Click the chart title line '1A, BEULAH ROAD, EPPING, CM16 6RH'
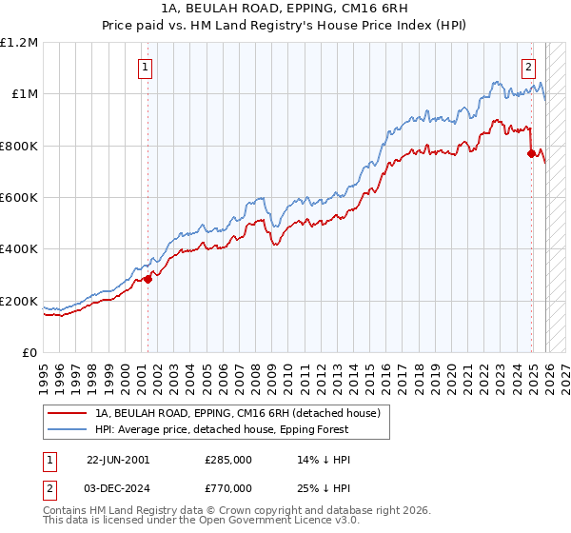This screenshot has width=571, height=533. [285, 10]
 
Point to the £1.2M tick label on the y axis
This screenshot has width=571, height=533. [19, 42]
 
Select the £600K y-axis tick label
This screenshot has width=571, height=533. [19, 197]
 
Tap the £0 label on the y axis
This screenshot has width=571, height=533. [29, 352]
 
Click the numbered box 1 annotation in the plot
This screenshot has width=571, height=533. [145, 67]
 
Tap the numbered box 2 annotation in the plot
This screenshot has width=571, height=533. [528, 67]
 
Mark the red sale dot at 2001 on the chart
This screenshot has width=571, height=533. [148, 279]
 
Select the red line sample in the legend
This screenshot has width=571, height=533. [67, 413]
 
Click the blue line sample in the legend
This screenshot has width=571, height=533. [67, 429]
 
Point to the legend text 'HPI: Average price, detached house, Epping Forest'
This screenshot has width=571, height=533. [242, 429]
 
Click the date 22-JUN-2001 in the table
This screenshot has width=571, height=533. [118, 460]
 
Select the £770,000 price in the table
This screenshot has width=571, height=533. [228, 487]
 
